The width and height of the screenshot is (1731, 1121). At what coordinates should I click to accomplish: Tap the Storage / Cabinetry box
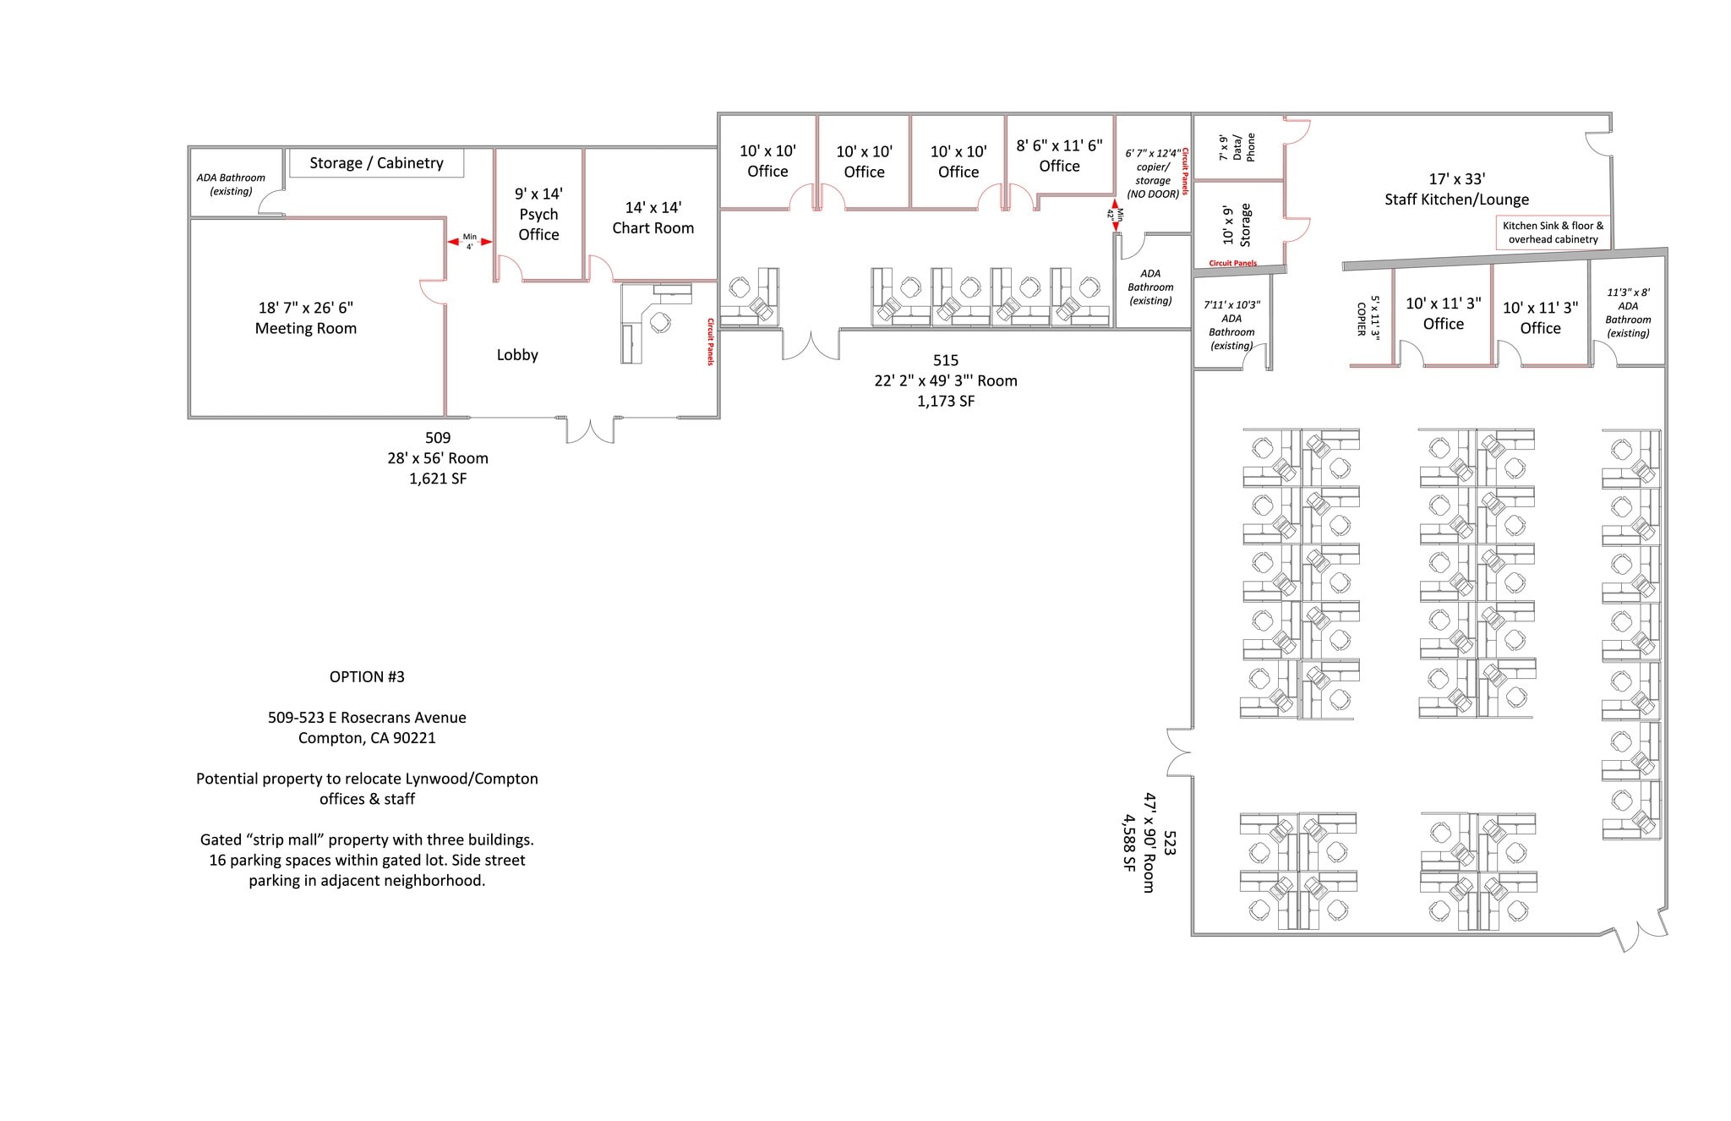pyautogui.click(x=376, y=163)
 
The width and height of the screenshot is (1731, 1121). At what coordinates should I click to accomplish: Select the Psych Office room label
pyautogui.click(x=538, y=215)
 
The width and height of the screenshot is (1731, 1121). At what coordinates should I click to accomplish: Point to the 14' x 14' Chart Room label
pyautogui.click(x=653, y=218)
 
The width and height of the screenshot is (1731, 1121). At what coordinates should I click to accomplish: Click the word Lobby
pyautogui.click(x=517, y=355)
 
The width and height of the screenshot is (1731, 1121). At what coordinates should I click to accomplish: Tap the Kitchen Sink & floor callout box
pyautogui.click(x=1553, y=232)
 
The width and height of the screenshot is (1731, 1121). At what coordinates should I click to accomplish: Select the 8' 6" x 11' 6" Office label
pyautogui.click(x=1059, y=156)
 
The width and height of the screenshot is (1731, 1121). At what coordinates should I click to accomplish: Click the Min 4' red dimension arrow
pyautogui.click(x=469, y=242)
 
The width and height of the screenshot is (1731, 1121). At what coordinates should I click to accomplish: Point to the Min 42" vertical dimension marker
pyautogui.click(x=1116, y=216)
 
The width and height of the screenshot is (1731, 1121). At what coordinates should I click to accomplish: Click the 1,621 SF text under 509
pyautogui.click(x=438, y=478)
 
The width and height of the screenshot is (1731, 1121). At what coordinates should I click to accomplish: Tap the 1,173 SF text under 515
pyautogui.click(x=946, y=402)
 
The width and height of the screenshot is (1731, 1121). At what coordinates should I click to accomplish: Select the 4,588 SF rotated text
pyautogui.click(x=1128, y=843)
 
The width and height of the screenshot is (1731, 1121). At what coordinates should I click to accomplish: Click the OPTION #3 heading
pyautogui.click(x=367, y=677)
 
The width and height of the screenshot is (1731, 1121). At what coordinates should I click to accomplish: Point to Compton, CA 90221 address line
pyautogui.click(x=367, y=738)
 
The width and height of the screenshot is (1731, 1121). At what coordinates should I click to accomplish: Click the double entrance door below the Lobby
pyautogui.click(x=590, y=430)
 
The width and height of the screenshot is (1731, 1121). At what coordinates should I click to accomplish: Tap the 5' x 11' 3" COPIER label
pyautogui.click(x=1368, y=316)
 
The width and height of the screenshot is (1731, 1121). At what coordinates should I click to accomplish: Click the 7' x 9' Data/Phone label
pyautogui.click(x=1237, y=147)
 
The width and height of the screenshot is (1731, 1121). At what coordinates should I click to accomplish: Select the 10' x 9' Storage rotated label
pyautogui.click(x=1236, y=225)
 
